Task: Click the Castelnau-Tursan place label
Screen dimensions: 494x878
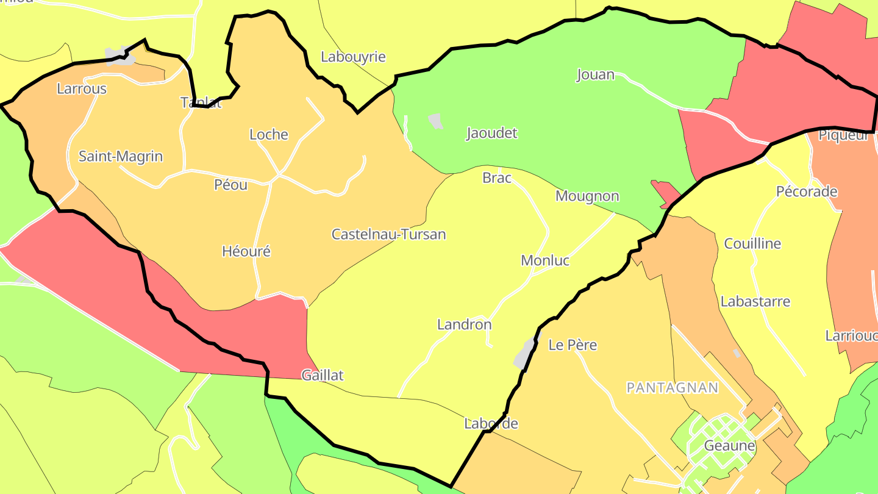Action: (388, 234)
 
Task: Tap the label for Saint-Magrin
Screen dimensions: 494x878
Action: (121, 157)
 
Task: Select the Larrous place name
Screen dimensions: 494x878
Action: (82, 89)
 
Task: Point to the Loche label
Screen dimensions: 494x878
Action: (269, 135)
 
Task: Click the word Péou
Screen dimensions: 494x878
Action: (231, 185)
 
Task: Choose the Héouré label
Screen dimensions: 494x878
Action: (246, 251)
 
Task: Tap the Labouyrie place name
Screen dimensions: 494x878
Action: (353, 57)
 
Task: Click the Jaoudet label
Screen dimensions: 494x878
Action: (491, 134)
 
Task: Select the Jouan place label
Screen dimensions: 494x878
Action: (596, 75)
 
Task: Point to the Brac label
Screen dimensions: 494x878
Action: (497, 178)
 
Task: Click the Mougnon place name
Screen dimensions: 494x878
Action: (587, 196)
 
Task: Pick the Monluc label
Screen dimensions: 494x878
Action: (545, 261)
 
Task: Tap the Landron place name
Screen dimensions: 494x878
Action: (465, 325)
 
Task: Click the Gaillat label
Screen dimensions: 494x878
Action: (323, 376)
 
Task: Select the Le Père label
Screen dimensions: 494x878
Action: (573, 345)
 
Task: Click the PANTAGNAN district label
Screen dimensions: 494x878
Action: (673, 388)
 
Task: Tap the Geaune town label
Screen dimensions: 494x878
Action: (730, 446)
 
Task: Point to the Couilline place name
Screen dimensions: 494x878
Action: (752, 244)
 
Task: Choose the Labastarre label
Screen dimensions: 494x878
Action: (755, 302)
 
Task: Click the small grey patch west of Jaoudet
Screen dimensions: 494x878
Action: (435, 121)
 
